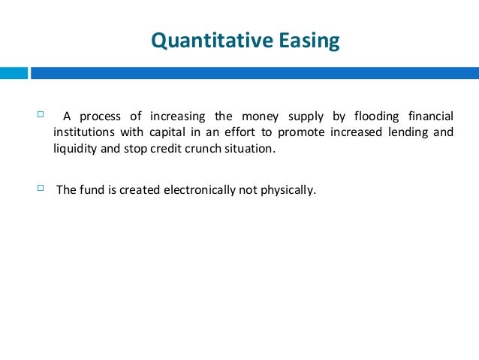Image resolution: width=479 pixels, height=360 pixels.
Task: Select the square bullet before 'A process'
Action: tap(41, 115)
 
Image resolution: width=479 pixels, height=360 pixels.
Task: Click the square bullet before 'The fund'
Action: tap(41, 188)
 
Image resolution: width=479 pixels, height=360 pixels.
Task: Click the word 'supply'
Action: tap(303, 116)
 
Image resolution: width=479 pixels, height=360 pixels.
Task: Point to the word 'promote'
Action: tap(300, 132)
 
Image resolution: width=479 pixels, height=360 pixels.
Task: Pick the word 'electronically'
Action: tap(198, 189)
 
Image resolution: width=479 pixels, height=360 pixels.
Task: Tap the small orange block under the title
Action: tap(14, 73)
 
